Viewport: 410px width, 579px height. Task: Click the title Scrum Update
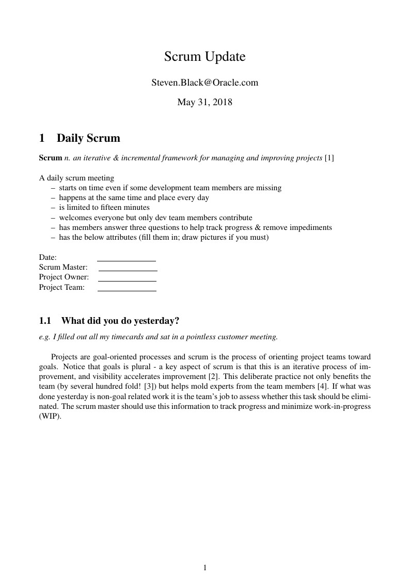204,57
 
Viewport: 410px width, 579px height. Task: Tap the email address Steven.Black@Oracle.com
204,82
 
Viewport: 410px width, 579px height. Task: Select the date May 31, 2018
204,102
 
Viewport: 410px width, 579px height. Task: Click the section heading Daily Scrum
88,138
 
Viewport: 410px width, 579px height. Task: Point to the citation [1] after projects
329,158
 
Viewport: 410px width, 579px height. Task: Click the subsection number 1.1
45,321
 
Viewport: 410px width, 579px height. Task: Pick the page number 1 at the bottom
205,568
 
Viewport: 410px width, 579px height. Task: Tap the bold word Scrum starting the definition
51,158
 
